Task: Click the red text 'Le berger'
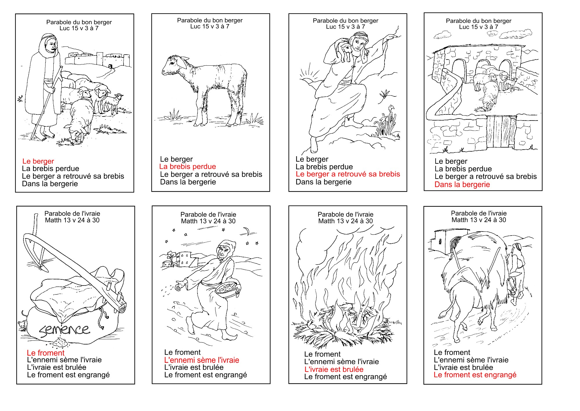pyautogui.click(x=38, y=161)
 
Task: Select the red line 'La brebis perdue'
pyautogui.click(x=188, y=167)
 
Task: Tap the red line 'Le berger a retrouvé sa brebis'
pyautogui.click(x=348, y=174)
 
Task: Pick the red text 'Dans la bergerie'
pyautogui.click(x=462, y=185)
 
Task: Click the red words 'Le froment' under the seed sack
pyautogui.click(x=46, y=353)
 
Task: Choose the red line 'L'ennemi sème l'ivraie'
pyautogui.click(x=202, y=360)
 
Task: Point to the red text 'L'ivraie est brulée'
pyautogui.click(x=334, y=369)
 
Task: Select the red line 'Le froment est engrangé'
pyautogui.click(x=475, y=375)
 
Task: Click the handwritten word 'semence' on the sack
pyautogui.click(x=64, y=330)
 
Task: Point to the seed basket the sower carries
pyautogui.click(x=228, y=288)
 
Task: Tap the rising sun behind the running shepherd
pyautogui.click(x=308, y=76)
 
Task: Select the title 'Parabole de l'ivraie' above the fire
pyautogui.click(x=345, y=214)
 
